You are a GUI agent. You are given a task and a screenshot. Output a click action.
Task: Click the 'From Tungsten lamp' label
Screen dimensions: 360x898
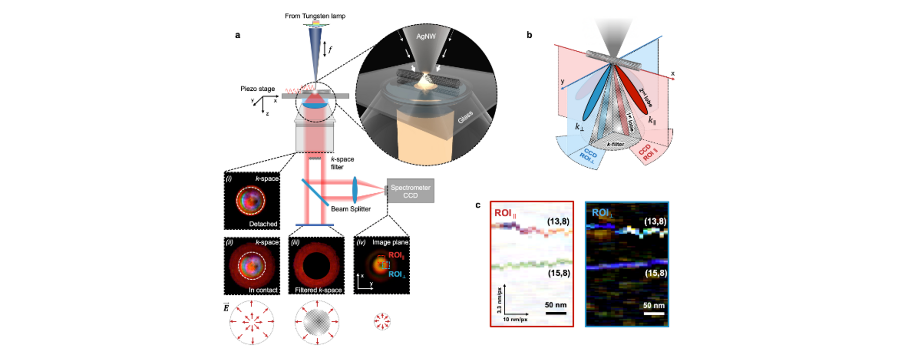315,16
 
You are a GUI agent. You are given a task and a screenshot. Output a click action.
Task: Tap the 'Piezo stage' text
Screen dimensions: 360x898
257,89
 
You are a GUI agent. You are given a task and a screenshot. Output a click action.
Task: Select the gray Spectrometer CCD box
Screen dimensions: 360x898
410,191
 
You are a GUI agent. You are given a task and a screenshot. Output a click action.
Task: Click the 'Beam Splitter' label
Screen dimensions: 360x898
351,209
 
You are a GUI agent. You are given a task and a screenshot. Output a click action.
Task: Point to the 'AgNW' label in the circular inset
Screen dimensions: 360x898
426,36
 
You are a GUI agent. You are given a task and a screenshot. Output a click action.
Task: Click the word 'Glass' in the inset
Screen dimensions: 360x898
465,117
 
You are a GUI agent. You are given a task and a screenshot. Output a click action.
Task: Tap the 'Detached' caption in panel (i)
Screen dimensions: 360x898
263,224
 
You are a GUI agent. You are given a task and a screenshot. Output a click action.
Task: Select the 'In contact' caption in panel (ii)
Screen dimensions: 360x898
263,290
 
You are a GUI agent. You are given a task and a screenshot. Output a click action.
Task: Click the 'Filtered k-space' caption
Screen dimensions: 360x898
318,290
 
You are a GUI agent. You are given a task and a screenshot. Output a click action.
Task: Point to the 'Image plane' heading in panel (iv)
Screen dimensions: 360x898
390,242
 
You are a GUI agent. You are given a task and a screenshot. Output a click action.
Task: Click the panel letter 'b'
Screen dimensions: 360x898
529,35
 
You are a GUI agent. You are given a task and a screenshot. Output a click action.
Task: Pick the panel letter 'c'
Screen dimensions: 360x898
478,205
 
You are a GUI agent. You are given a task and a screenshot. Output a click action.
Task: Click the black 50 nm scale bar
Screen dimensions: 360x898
556,313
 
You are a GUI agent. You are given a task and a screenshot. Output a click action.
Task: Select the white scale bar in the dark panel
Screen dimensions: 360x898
654,313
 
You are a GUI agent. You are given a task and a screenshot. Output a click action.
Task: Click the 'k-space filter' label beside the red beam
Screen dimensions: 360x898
342,163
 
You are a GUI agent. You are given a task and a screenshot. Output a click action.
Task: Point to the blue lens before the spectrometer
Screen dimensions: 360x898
355,190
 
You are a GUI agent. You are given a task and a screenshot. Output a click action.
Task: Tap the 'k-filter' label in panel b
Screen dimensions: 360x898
616,144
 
